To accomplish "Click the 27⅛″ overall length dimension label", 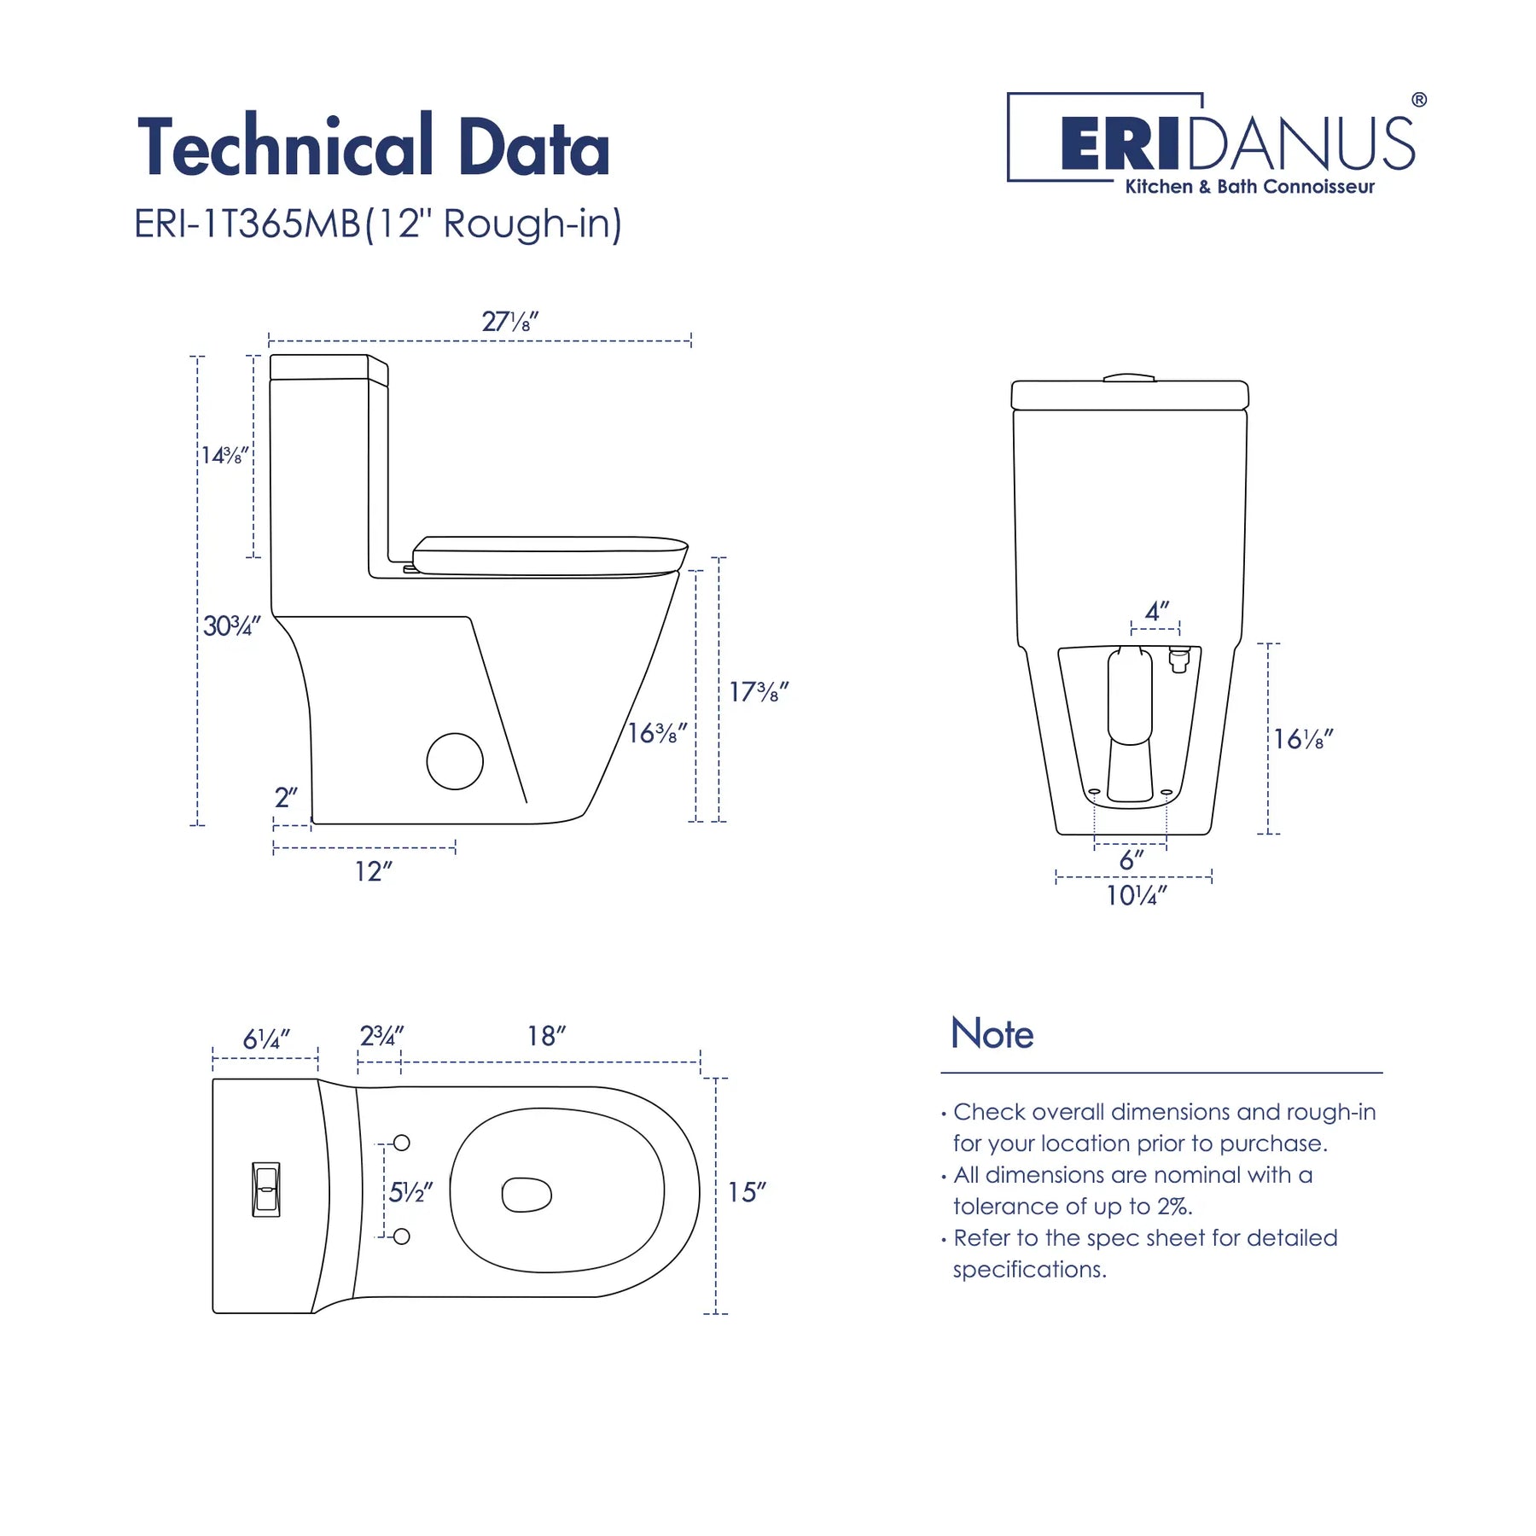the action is [x=510, y=322].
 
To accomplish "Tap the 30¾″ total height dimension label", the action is [x=231, y=625].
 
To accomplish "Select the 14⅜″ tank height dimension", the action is [x=224, y=455].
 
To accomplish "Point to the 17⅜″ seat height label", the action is [x=759, y=690].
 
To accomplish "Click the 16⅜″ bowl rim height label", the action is [x=657, y=732].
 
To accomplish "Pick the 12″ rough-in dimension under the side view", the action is [x=374, y=871].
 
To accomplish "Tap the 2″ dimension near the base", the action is [x=286, y=797].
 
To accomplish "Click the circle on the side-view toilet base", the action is [x=455, y=761].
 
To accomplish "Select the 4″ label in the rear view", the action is [x=1157, y=611].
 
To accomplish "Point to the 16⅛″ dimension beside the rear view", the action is [x=1303, y=738].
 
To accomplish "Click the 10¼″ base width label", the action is [x=1137, y=895].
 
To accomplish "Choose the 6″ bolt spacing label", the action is [x=1132, y=859].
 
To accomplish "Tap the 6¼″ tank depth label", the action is [x=267, y=1039].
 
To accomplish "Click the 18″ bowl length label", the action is [x=546, y=1035].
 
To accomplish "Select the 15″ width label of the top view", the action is [x=747, y=1192].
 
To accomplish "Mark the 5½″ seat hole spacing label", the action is [x=411, y=1192].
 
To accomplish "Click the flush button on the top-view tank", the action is [x=266, y=1189].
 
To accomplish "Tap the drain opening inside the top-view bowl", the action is [x=527, y=1195].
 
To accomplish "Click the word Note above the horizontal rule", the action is [x=992, y=1033].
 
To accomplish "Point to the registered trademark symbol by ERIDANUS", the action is [x=1419, y=100].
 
